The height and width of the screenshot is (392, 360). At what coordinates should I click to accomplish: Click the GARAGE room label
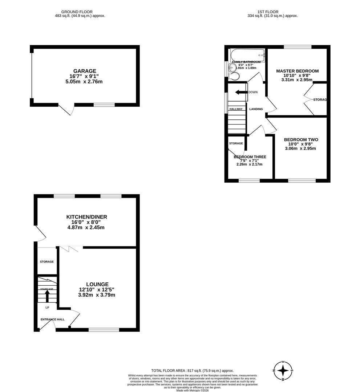point(85,71)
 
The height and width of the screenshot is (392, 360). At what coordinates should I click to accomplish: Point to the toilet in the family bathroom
point(234,76)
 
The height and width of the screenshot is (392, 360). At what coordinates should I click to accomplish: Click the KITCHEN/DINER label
point(86,217)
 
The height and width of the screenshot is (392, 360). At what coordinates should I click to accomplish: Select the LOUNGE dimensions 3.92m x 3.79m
point(96,295)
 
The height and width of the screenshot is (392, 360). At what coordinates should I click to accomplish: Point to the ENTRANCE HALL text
point(52,319)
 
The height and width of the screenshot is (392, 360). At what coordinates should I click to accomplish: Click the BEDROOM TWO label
point(301,140)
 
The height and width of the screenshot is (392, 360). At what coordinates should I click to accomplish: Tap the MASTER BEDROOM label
point(297,71)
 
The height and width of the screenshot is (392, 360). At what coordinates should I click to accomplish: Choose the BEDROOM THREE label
point(250,157)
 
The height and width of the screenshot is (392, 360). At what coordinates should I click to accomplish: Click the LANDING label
point(256,109)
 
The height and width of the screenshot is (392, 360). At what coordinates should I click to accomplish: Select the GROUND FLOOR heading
point(77,12)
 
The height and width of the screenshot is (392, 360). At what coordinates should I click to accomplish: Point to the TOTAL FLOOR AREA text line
point(192,370)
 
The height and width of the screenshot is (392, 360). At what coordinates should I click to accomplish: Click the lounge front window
point(104,330)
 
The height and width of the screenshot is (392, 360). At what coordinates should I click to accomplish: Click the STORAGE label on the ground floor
point(47,262)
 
